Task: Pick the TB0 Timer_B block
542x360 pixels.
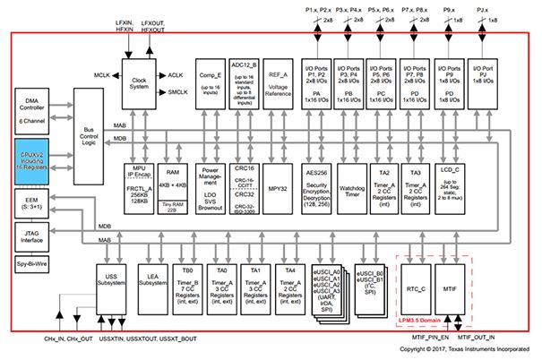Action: point(188,285)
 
